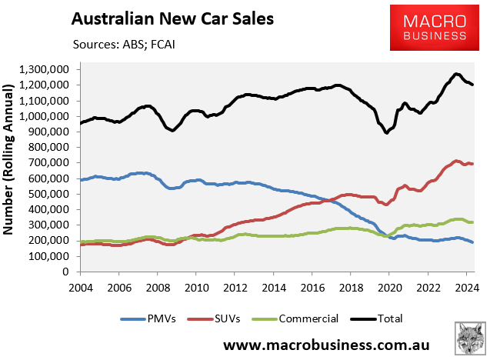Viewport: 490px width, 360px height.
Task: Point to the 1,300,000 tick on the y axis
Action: (48, 70)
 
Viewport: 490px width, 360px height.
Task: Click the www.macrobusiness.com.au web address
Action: (326, 343)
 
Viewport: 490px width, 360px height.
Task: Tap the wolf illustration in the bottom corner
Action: (467, 338)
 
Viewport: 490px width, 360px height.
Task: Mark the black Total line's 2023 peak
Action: (455, 74)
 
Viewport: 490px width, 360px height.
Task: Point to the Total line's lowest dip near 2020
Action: (386, 133)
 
